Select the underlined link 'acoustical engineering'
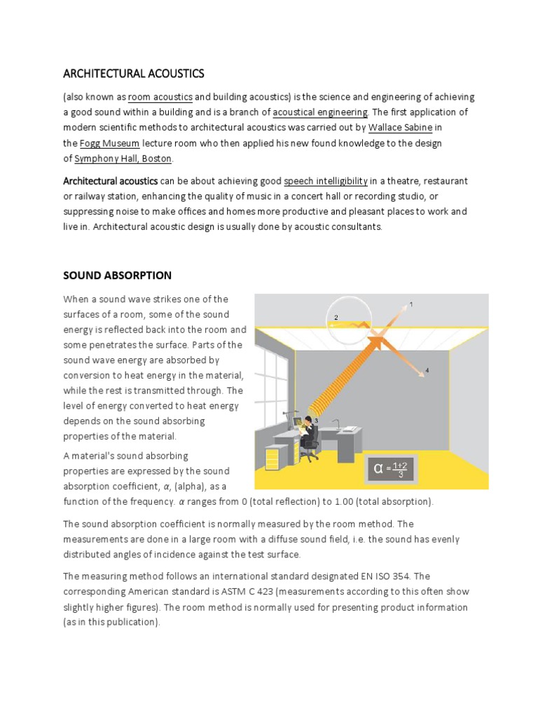(x=320, y=112)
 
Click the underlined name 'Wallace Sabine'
(x=400, y=128)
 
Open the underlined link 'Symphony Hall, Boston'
(x=123, y=158)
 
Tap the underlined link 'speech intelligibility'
(x=326, y=181)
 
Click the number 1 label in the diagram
(x=411, y=304)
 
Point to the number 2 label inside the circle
(x=336, y=318)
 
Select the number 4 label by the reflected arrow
(x=427, y=370)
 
